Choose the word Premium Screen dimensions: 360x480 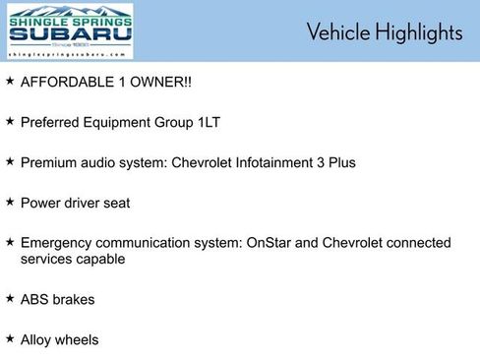pyautogui.click(x=51, y=162)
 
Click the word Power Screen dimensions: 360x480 pyautogui.click(x=40, y=202)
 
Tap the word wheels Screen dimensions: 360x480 pyautogui.click(x=79, y=339)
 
